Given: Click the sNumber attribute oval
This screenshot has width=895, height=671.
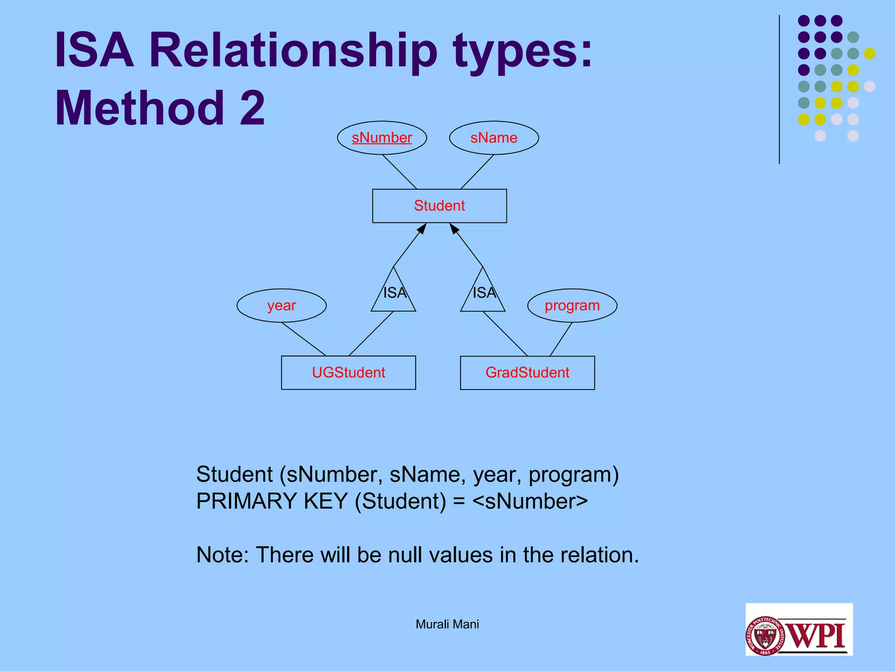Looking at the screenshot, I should click(x=382, y=138).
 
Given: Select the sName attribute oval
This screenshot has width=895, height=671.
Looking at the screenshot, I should click(x=494, y=138).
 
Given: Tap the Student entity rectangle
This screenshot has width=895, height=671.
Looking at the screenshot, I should click(x=439, y=206).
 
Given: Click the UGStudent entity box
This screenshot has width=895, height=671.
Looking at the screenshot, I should click(x=348, y=373).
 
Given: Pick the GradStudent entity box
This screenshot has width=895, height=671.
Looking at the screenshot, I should click(x=527, y=373).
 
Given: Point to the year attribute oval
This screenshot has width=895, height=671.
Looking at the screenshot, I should click(x=281, y=305).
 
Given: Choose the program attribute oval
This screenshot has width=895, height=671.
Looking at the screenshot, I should click(x=572, y=305).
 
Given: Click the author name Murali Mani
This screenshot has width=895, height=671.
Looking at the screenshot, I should click(x=447, y=624).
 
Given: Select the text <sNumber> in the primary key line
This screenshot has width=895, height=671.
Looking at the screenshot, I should click(x=530, y=501).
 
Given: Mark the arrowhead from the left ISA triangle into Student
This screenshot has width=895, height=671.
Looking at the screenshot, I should click(x=422, y=228).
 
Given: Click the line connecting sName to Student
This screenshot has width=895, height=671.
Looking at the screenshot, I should click(x=477, y=172).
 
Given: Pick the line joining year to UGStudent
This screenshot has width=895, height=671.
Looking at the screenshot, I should click(x=304, y=339).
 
